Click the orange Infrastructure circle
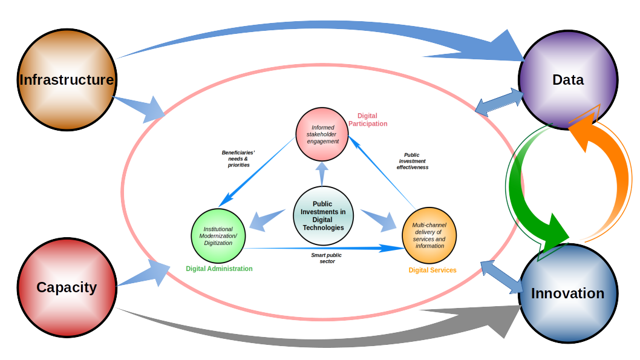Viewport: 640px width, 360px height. click(x=67, y=80)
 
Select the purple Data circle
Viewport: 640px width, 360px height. click(x=567, y=80)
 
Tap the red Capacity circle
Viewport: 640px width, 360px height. click(x=67, y=287)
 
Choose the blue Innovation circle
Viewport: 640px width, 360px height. click(x=567, y=293)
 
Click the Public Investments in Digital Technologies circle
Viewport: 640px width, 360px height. click(x=323, y=216)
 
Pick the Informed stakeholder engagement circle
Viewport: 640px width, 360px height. click(x=322, y=134)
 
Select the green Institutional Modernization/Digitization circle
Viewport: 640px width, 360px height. click(x=218, y=236)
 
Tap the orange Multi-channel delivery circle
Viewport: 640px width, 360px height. click(x=429, y=235)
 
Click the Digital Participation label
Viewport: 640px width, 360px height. click(x=367, y=120)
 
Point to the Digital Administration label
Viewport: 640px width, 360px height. click(x=219, y=269)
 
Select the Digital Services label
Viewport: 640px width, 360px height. click(x=432, y=270)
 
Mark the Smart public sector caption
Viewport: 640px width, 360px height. click(x=327, y=258)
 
